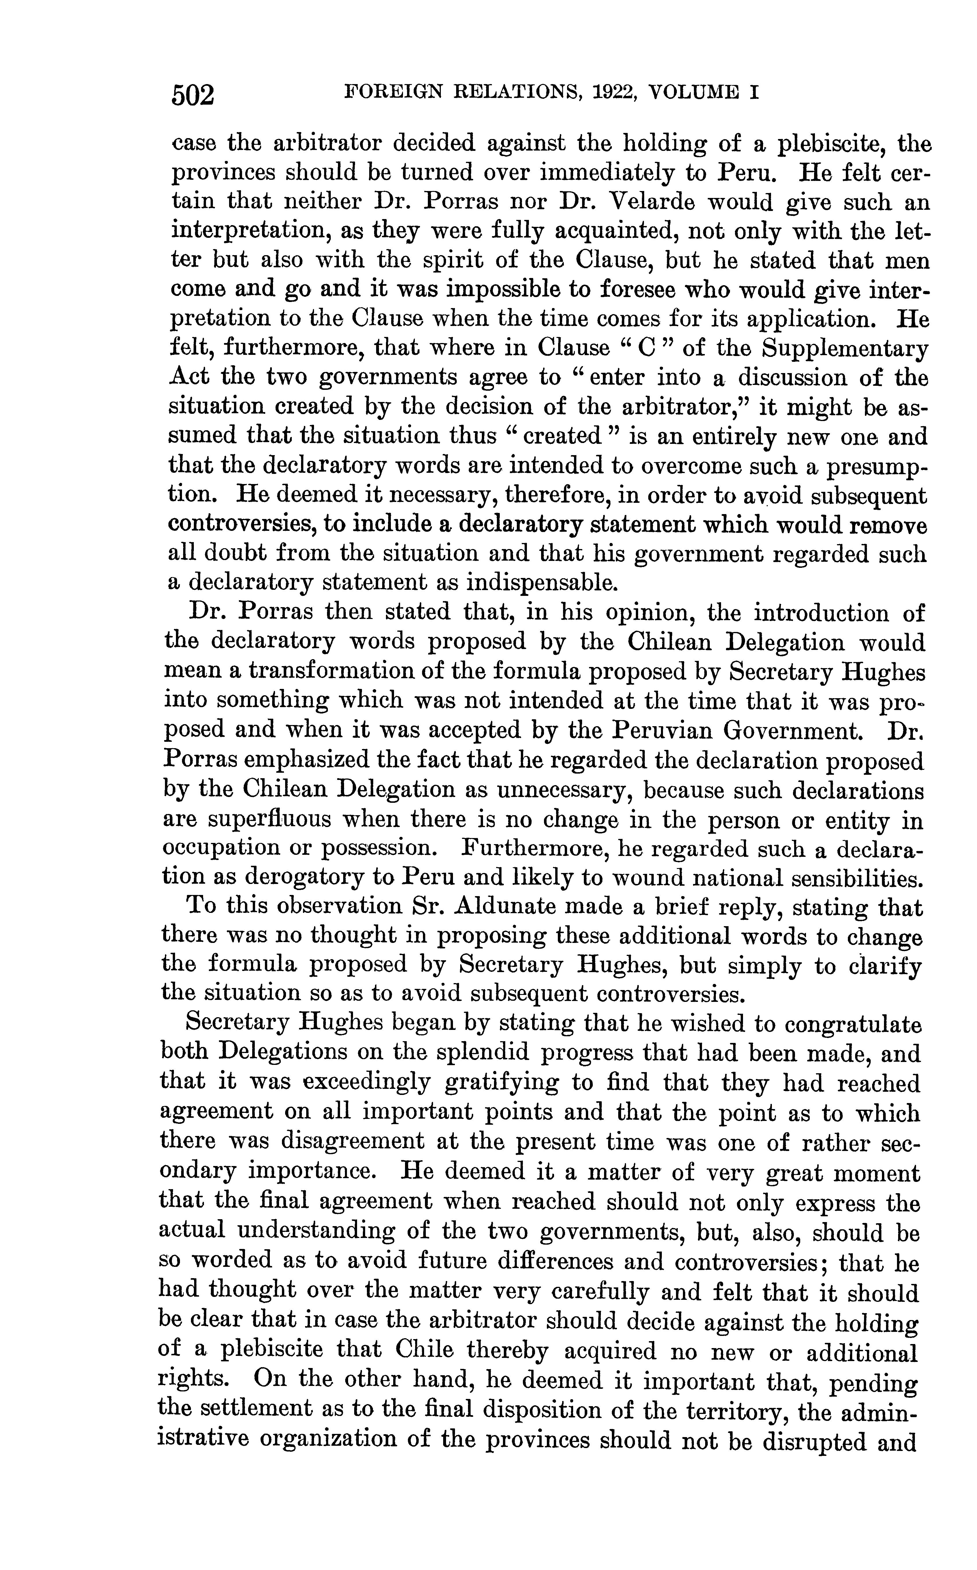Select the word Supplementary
click(845, 349)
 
